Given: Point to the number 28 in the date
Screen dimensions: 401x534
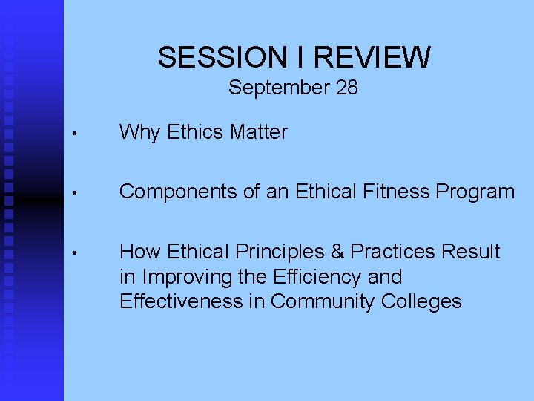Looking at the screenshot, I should click(346, 88).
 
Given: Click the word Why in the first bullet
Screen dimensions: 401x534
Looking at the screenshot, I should click(139, 133).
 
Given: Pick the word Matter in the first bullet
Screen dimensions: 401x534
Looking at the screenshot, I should click(258, 133).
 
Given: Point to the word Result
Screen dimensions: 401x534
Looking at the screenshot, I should click(471, 252).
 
